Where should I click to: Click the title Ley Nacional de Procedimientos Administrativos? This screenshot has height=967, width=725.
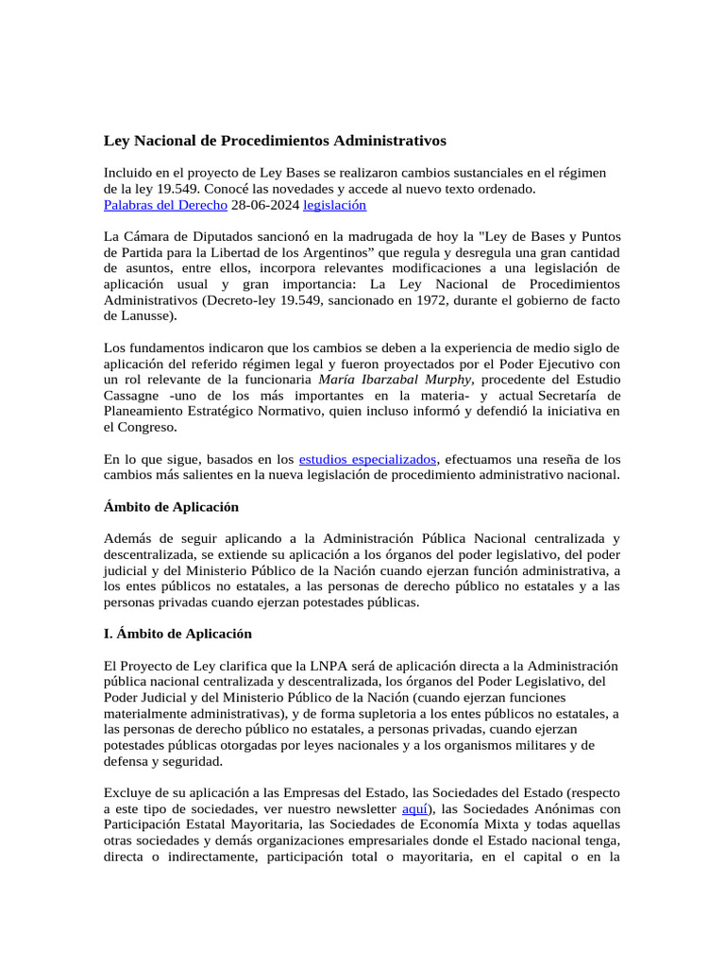coord(275,141)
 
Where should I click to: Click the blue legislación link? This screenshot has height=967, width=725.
coord(329,204)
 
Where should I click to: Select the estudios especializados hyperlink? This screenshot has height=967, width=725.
coord(367,459)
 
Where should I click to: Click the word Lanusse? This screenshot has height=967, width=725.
coord(147,315)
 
